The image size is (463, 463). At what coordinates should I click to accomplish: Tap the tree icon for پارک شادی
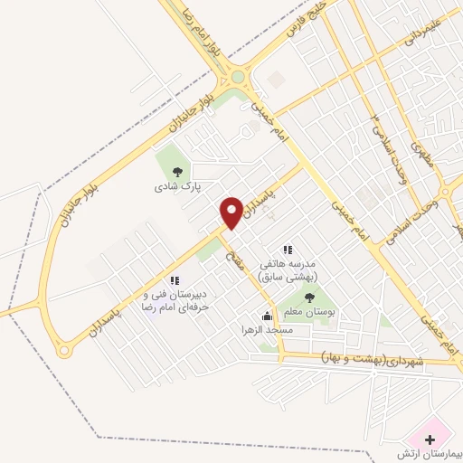point(177,172)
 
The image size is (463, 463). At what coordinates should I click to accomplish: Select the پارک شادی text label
point(176,186)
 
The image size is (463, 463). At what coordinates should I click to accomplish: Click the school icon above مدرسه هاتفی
point(288,250)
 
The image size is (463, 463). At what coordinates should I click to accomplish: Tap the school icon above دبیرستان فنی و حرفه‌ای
point(175,281)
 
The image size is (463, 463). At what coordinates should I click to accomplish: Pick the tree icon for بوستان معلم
point(310,297)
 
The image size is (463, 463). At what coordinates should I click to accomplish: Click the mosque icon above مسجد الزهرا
point(266,317)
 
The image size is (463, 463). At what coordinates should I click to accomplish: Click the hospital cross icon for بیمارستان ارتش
point(428,439)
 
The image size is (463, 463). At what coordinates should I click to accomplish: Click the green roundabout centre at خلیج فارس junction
point(238,77)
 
